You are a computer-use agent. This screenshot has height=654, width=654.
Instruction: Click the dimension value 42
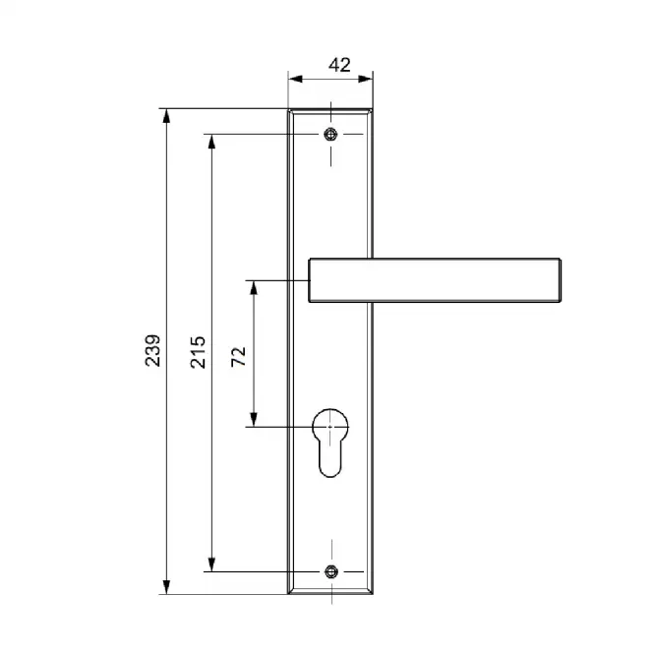pos(339,65)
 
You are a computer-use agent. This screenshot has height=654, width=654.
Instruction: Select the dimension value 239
pos(152,350)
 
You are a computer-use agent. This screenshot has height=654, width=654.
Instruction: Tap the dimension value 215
pos(198,352)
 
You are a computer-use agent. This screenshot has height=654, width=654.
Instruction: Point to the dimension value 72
pos(239,357)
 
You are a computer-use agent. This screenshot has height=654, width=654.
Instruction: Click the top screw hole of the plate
pos(331,135)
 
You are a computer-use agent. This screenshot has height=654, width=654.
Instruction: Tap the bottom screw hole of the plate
pos(331,571)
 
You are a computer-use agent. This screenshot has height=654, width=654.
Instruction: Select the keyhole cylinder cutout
pos(330,443)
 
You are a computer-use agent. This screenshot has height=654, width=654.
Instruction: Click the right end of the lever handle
pos(561,280)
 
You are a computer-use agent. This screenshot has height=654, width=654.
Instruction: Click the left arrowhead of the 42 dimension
pos(295,79)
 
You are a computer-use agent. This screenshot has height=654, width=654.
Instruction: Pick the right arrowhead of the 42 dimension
pos(366,79)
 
